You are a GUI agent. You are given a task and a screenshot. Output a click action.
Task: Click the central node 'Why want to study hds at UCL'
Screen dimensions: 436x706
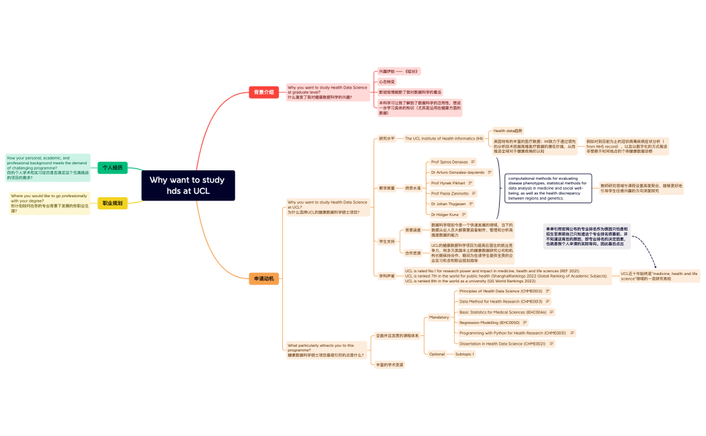pyautogui.click(x=188, y=185)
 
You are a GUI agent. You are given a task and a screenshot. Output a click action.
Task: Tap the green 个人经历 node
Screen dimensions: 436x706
pyautogui.click(x=112, y=167)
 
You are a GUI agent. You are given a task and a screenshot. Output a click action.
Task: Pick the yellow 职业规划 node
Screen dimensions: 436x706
pyautogui.click(x=112, y=203)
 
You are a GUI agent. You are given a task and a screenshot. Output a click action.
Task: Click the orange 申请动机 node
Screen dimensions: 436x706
pyautogui.click(x=263, y=278)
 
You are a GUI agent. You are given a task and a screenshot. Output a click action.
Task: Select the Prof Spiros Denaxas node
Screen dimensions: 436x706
pyautogui.click(x=449, y=162)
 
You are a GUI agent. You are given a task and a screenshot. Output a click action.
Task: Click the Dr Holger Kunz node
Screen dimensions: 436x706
pyautogui.click(x=445, y=214)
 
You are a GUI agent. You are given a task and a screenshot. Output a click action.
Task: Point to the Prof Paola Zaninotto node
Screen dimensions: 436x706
pyautogui.click(x=450, y=193)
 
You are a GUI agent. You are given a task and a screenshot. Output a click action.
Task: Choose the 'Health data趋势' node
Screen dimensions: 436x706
pyautogui.click(x=508, y=131)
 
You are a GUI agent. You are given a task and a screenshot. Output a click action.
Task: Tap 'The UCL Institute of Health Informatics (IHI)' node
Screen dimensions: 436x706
pyautogui.click(x=443, y=138)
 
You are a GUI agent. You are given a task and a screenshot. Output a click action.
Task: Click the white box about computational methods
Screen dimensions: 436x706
pyautogui.click(x=549, y=188)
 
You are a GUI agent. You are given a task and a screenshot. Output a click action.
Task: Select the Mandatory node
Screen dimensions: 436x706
pyautogui.click(x=439, y=317)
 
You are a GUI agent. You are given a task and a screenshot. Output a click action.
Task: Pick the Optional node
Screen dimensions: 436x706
pyautogui.click(x=437, y=353)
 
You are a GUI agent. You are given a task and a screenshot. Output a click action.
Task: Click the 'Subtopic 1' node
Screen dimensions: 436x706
pyautogui.click(x=464, y=353)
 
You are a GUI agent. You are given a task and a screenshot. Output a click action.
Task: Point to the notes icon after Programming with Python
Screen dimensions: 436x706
pyautogui.click(x=572, y=333)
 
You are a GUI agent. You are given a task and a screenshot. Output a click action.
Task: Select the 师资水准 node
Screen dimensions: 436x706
pyautogui.click(x=412, y=188)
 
